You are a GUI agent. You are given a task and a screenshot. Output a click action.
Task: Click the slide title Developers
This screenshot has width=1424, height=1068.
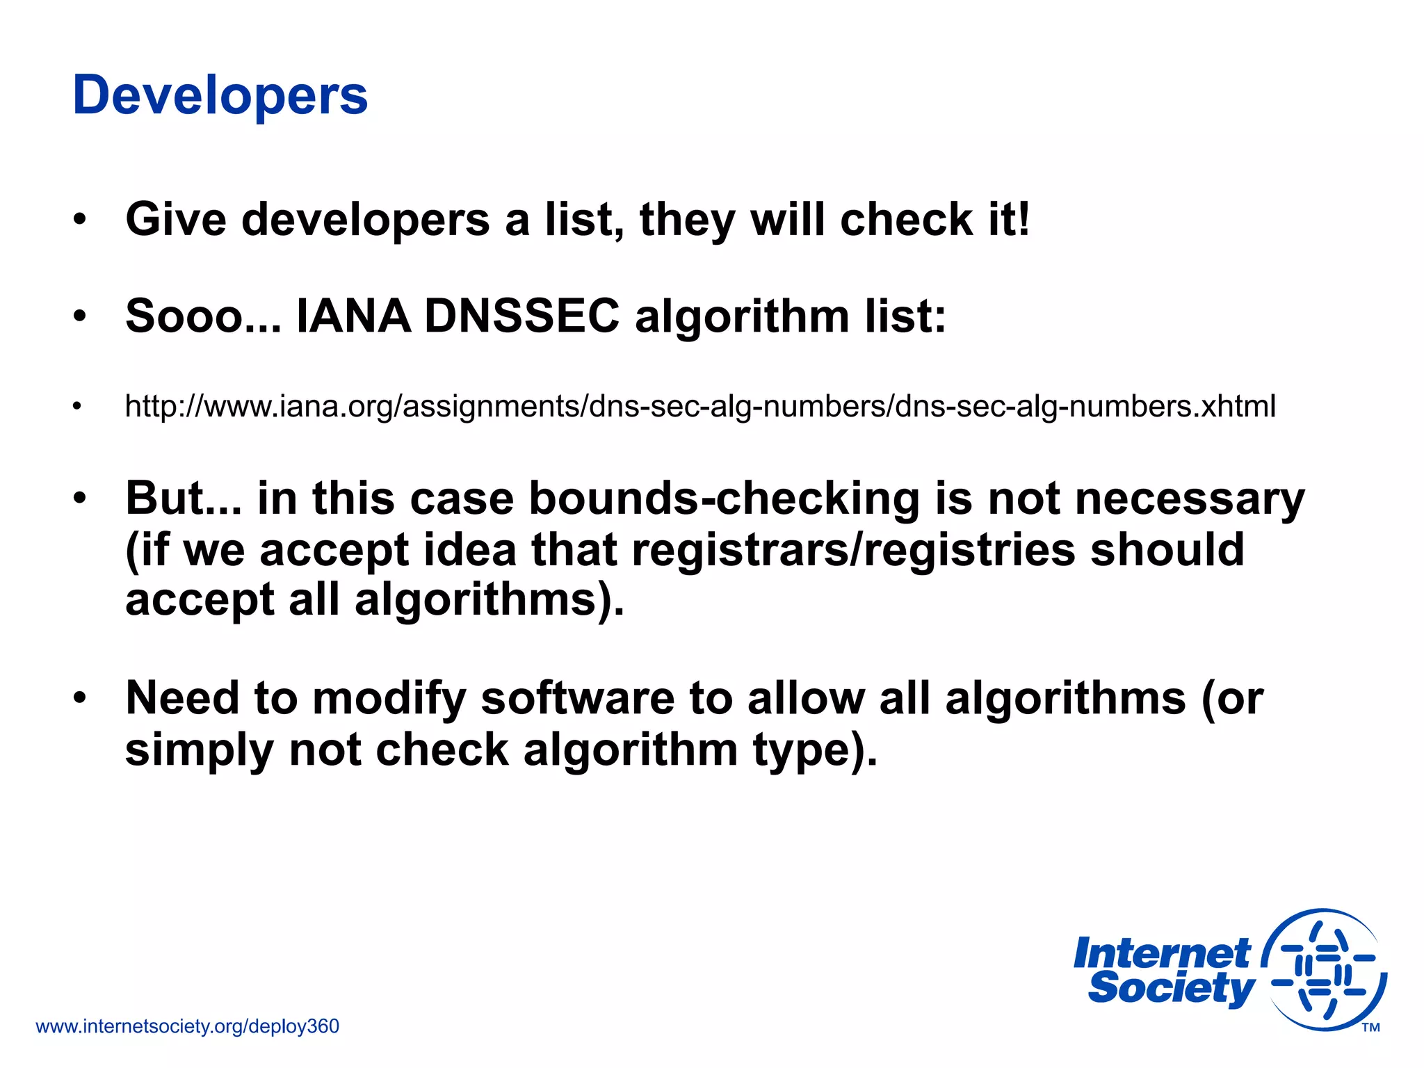[x=220, y=95]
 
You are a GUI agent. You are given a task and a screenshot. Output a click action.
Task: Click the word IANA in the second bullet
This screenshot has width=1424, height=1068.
[x=353, y=316]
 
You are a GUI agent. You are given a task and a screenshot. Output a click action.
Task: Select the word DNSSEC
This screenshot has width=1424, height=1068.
[x=521, y=316]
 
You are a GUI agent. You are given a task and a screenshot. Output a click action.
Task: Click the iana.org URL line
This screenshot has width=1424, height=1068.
[x=699, y=406]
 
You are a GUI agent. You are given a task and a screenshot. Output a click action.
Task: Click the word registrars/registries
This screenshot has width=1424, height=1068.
[x=854, y=549]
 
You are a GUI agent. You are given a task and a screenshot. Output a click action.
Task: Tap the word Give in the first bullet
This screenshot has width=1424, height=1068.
[x=175, y=220]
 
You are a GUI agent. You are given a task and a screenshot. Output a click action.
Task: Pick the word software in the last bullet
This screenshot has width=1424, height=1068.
[x=577, y=698]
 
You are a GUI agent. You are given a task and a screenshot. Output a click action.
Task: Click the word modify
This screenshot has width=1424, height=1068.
[x=389, y=699]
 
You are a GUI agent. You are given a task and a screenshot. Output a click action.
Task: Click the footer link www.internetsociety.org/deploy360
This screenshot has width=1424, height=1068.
[x=187, y=1026]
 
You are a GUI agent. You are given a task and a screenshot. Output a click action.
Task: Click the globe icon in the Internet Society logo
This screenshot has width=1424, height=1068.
[x=1324, y=969]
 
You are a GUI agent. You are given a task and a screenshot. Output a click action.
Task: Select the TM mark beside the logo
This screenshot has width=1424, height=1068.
[x=1370, y=1028]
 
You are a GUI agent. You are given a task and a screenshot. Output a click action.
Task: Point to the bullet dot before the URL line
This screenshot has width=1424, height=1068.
[x=77, y=406]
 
